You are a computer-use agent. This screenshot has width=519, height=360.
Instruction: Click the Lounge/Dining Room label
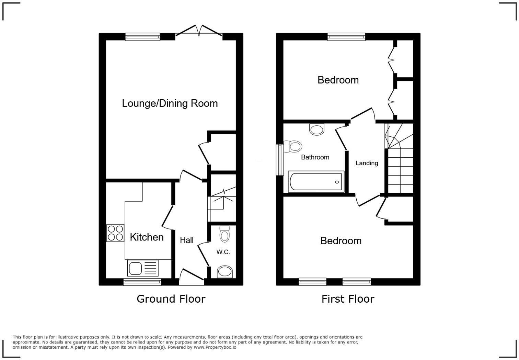pos(170,103)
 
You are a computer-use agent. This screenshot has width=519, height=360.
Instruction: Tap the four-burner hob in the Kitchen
pos(115,233)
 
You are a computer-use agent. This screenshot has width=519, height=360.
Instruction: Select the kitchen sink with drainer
pos(143,268)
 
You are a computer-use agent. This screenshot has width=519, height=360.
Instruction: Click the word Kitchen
pos(147,237)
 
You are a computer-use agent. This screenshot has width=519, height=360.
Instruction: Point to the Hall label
pos(187,240)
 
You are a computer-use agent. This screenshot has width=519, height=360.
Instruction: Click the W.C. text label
pos(223,252)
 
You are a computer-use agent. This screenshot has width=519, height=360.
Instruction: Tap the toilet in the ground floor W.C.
pos(224,234)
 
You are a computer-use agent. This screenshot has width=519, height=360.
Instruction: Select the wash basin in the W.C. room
pos(225,272)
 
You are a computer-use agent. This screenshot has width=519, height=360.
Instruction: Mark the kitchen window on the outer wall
pos(142,282)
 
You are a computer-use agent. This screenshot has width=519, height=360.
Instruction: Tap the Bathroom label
pos(315,157)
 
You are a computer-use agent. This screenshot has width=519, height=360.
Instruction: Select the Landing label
pos(367,163)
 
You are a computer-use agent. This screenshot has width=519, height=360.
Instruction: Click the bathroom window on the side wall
pos(279,160)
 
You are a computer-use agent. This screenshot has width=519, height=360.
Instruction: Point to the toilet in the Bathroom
pos(293,147)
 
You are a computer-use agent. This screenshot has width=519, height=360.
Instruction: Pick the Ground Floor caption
pos(171,299)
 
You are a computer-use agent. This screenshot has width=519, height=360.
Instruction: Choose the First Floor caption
pos(348,299)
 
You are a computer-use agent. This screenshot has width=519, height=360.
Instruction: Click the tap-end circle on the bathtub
pos(337,182)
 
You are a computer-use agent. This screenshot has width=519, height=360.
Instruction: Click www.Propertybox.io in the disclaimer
pos(215,347)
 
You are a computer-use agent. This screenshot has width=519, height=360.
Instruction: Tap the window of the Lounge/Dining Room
pos(142,37)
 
